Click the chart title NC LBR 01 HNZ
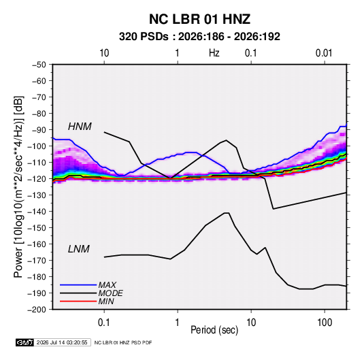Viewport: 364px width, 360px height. pos(199,19)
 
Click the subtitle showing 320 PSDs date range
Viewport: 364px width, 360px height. pos(199,37)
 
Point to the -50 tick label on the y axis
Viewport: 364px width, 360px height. pos(39,65)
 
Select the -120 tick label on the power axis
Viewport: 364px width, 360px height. pos(37,179)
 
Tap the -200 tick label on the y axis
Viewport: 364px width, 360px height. pos(37,310)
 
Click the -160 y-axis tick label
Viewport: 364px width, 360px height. pos(37,244)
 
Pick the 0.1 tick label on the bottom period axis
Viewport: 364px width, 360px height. pos(104,323)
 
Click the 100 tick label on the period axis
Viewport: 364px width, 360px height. pos(325,323)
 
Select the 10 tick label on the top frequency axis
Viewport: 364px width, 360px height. pos(104,53)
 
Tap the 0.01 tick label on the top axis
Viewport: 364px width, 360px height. pos(324,53)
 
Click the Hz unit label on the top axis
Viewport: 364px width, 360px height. pos(214,53)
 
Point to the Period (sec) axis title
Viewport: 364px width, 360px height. pos(214,330)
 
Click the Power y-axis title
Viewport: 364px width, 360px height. pos(18,187)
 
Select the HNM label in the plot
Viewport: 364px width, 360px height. pos(80,127)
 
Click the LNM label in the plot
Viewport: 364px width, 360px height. pos(79,249)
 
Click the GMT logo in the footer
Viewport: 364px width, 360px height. pos(24,342)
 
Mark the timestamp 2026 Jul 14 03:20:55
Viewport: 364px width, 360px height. pos(62,342)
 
